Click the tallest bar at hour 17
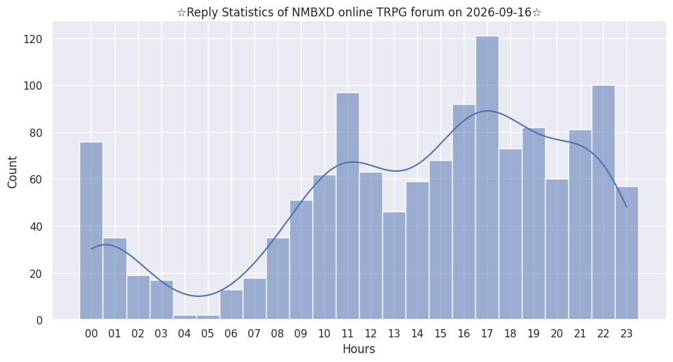[487, 178]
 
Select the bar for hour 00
[92, 231]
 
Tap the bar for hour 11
[347, 206]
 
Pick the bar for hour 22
[603, 203]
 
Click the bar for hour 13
[394, 266]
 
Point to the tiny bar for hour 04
[185, 318]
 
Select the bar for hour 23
[626, 253]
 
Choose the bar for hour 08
[278, 279]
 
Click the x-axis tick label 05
[207, 334]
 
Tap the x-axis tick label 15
[440, 334]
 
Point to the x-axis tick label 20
[557, 334]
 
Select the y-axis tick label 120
[33, 40]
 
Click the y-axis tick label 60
[36, 179]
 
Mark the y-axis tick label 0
[40, 320]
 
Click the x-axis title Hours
[359, 349]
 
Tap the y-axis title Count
[12, 172]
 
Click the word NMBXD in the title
[314, 12]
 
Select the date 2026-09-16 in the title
[499, 12]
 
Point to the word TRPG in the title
[393, 12]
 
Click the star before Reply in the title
[181, 12]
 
